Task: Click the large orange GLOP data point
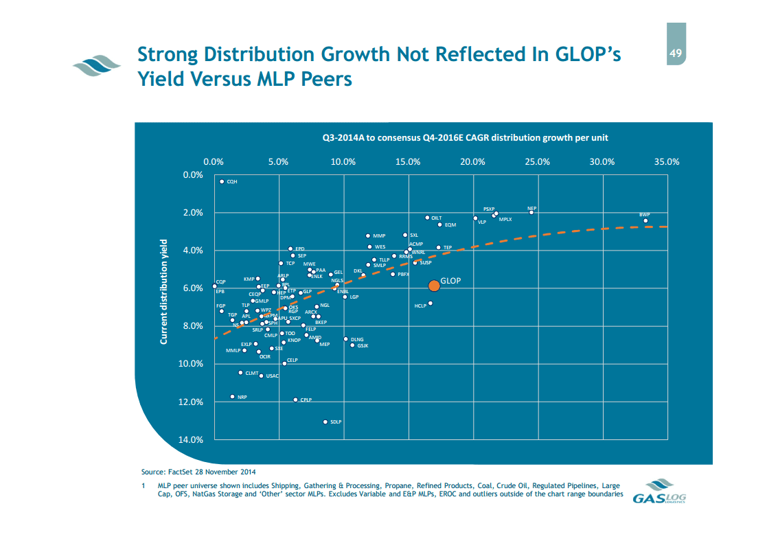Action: (433, 286)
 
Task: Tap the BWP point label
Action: (645, 215)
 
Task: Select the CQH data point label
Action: (232, 182)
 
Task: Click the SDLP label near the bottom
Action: (336, 422)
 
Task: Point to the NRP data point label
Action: (242, 398)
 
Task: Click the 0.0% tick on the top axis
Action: (214, 162)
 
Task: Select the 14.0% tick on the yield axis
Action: (190, 440)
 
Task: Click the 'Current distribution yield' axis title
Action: (164, 292)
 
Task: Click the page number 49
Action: (676, 53)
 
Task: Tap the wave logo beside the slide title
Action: (96, 66)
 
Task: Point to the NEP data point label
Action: (531, 207)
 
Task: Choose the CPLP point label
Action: (306, 400)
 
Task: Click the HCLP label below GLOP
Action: (420, 306)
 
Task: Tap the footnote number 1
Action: (142, 485)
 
